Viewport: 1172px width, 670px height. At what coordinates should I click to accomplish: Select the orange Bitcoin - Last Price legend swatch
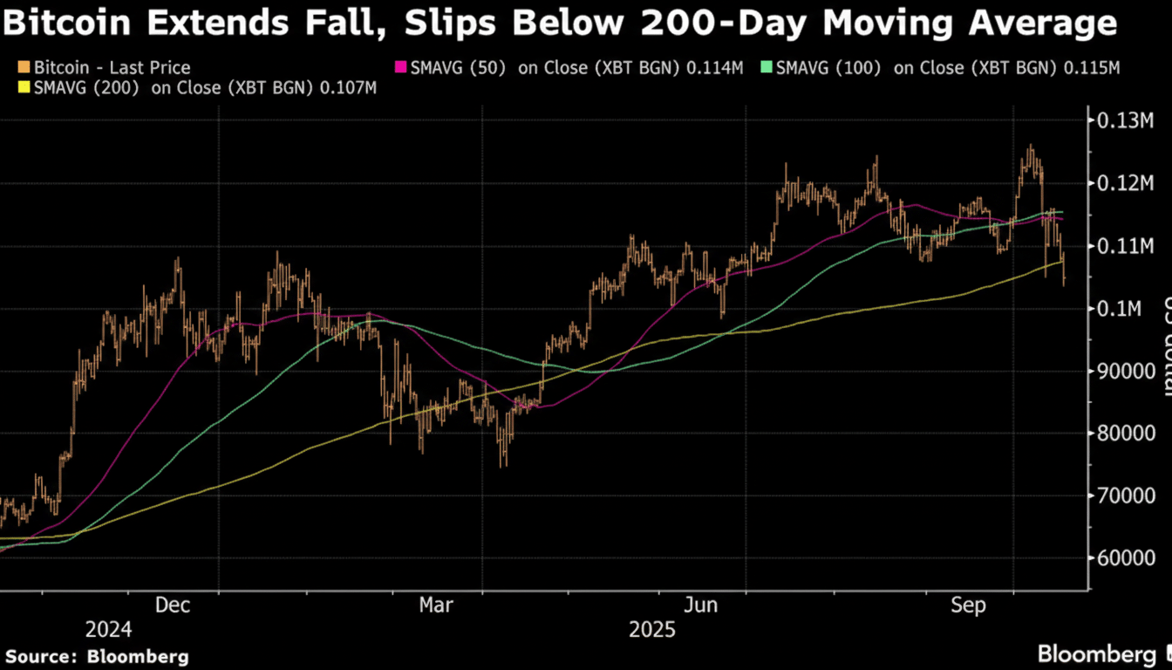click(x=24, y=68)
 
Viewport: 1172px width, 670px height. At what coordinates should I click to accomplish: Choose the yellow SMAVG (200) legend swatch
click(x=24, y=87)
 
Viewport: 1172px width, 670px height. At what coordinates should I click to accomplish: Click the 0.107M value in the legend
click(x=348, y=87)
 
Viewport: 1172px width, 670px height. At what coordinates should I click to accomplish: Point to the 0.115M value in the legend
click(x=1090, y=68)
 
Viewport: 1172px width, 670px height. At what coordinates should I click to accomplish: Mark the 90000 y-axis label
click(x=1122, y=371)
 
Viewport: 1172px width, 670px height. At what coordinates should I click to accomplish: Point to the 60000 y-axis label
click(x=1122, y=558)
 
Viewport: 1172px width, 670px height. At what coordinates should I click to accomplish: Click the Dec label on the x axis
click(x=174, y=605)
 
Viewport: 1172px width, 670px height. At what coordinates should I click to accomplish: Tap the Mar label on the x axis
click(x=435, y=605)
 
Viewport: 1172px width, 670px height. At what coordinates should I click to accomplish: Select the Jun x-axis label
click(x=702, y=605)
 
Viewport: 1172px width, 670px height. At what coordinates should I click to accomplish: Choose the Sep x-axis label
click(x=969, y=605)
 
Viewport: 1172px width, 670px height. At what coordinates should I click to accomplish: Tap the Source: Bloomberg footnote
click(x=97, y=656)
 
